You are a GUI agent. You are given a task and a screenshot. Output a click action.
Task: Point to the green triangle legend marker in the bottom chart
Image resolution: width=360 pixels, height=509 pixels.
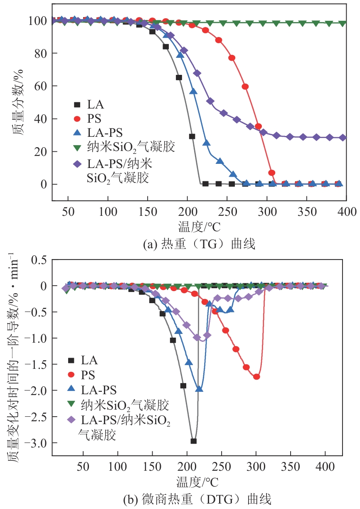click(x=71, y=403)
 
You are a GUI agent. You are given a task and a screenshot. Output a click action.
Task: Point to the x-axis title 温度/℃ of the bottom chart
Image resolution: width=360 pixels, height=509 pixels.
click(x=197, y=482)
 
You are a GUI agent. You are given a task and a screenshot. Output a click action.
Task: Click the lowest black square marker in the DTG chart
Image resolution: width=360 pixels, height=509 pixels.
click(x=193, y=441)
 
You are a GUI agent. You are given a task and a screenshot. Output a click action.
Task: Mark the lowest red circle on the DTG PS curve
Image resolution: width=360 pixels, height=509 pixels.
click(x=256, y=376)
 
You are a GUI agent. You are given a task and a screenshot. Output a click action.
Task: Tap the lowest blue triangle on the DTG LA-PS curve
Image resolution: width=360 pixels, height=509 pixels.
click(x=199, y=389)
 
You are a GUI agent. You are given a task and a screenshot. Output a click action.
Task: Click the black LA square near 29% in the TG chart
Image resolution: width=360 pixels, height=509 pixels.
click(x=192, y=136)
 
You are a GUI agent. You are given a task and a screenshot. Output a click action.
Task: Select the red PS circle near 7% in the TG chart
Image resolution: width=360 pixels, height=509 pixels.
click(x=272, y=173)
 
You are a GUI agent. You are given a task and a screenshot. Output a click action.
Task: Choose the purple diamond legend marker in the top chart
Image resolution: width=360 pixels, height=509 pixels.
click(x=77, y=165)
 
